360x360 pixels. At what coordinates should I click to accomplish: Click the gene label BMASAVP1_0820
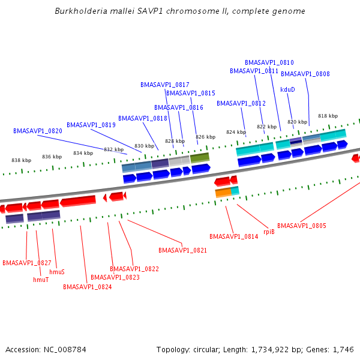(x=38, y=131)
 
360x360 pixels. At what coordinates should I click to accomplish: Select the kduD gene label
(x=287, y=89)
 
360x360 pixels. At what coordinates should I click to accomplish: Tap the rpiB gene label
(x=269, y=232)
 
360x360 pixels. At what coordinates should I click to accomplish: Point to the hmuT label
(x=41, y=280)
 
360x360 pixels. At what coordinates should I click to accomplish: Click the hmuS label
(x=57, y=272)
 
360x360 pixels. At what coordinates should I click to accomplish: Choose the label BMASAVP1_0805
(x=302, y=226)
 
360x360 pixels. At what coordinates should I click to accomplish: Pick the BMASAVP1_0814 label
(x=233, y=236)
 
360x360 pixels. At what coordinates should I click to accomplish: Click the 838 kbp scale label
(x=21, y=160)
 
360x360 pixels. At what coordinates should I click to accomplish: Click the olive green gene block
(x=200, y=158)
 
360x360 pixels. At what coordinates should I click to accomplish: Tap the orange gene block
(x=223, y=192)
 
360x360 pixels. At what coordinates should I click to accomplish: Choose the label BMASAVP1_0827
(x=27, y=263)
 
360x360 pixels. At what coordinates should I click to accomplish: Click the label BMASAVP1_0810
(x=269, y=62)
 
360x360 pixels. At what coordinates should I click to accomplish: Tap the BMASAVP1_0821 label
(x=183, y=250)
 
